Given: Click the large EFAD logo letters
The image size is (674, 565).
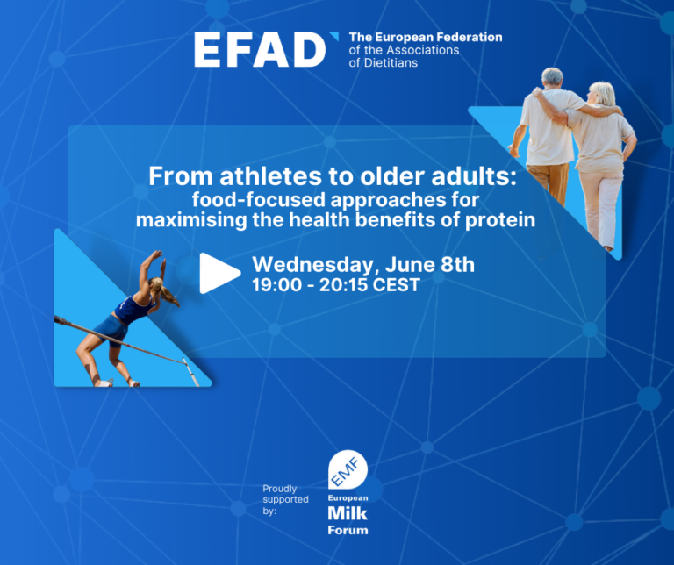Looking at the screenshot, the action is [x=260, y=50].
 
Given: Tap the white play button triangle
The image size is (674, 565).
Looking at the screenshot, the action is [x=219, y=273].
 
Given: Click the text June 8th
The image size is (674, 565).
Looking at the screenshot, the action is [x=430, y=264].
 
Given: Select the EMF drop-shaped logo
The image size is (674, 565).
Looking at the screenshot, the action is [x=348, y=469].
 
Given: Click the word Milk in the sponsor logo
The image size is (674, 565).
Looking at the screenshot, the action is [x=348, y=513].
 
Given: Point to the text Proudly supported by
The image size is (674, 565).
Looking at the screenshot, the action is [x=285, y=500].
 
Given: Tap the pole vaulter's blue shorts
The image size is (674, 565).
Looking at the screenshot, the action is [x=111, y=330].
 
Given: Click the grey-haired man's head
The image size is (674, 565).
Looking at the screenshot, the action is [x=552, y=77].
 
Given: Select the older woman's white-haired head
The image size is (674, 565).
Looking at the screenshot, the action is [x=603, y=93].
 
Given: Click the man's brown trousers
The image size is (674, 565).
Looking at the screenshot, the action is [x=549, y=182].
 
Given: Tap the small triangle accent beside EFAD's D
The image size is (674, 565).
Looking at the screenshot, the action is [x=334, y=36].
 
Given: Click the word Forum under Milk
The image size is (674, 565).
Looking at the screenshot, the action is [x=348, y=530].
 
